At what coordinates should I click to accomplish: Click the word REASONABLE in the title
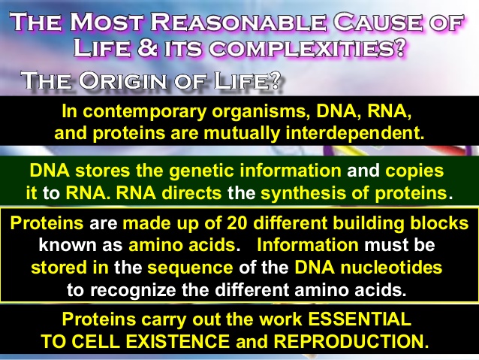[x=238, y=22]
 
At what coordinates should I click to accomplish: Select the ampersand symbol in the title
[x=148, y=48]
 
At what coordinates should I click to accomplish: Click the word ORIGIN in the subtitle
[x=122, y=80]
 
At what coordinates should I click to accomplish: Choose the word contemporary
[x=145, y=112]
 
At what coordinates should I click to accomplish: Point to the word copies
[x=414, y=171]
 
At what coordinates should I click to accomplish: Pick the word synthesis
[x=304, y=194]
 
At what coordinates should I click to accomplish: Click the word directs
[x=191, y=193]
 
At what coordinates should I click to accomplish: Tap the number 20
[x=236, y=223]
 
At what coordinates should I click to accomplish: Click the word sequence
[x=190, y=268]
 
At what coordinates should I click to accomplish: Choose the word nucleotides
[x=391, y=268]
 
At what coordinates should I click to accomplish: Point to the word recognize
[x=133, y=290]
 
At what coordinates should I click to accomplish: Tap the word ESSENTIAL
[x=359, y=319]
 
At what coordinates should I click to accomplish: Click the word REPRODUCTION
[x=351, y=341]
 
